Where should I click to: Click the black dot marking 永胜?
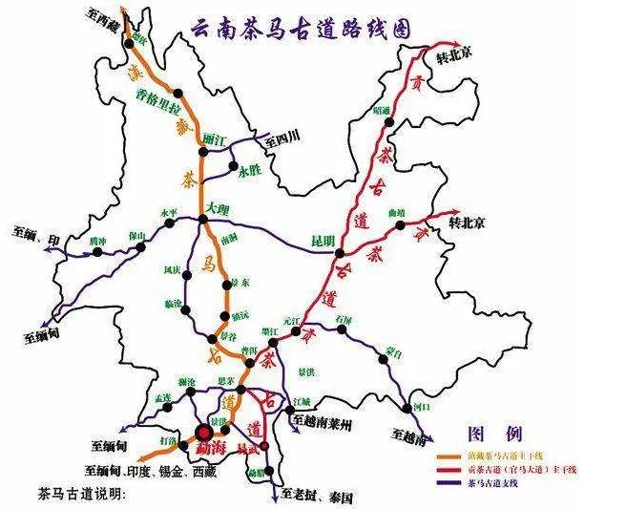[x=234, y=171]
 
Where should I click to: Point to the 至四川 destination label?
[x=282, y=138]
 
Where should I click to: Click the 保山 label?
[x=137, y=235]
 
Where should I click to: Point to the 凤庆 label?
[x=172, y=270]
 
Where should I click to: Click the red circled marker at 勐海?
[x=206, y=431]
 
